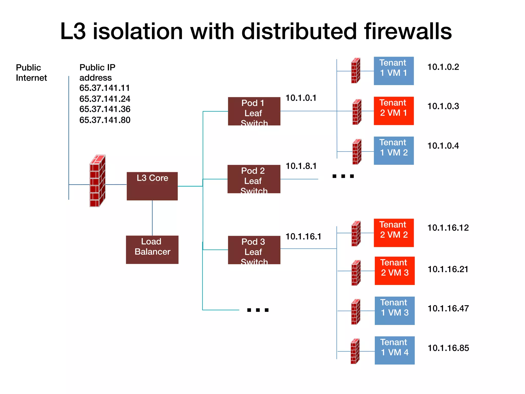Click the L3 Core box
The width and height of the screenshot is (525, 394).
coord(152,186)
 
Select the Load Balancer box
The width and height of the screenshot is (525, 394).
coord(152,250)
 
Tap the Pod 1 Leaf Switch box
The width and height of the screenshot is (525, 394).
coord(254,111)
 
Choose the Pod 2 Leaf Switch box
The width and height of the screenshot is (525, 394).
coord(254,179)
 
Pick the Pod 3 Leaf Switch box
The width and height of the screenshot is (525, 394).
coord(254,250)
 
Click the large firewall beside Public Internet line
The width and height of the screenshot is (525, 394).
coord(97,181)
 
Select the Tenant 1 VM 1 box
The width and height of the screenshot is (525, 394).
coord(393,71)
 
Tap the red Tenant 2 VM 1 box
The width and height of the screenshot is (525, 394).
coord(393,111)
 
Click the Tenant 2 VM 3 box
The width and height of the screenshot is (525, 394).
coord(395,271)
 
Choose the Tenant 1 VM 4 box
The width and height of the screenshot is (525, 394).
coord(395,350)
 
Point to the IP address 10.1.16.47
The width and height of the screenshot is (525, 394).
coord(448,308)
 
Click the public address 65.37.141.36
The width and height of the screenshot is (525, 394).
coord(105,109)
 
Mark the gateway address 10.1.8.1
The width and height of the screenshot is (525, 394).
coord(301,166)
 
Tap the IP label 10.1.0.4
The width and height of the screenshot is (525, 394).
coord(443,146)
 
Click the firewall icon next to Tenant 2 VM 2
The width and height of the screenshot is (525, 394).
coord(356,233)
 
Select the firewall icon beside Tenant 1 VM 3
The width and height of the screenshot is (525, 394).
coord(356,312)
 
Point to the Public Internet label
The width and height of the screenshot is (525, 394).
coord(31,73)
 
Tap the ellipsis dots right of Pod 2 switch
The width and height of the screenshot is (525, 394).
coord(343,176)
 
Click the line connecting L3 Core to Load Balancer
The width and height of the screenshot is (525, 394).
coord(152,218)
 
